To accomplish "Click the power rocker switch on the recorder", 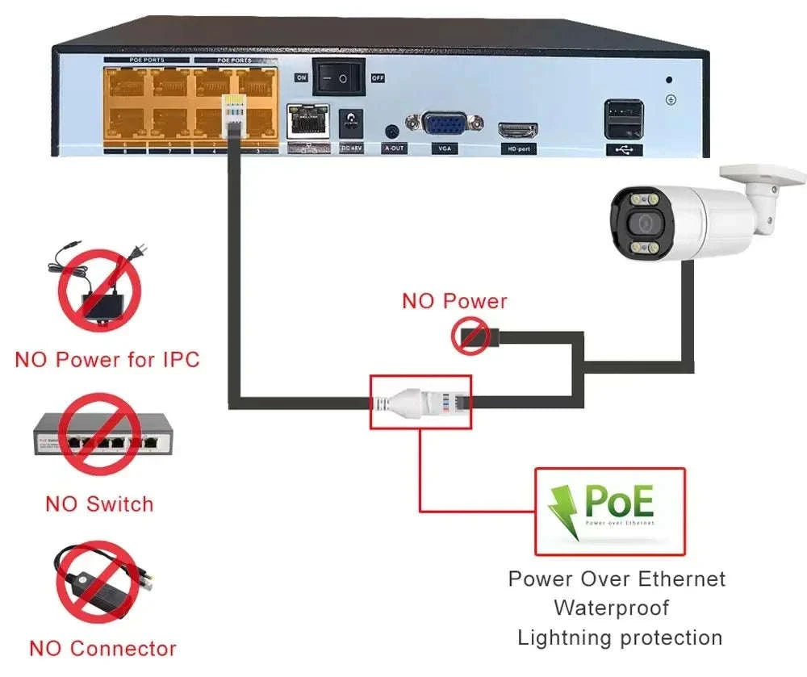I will click(x=339, y=77).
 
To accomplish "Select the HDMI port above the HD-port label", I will click(x=518, y=131).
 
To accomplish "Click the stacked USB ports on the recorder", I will click(x=624, y=119).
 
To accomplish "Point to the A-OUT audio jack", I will click(x=393, y=131).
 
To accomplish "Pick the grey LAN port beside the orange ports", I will click(x=306, y=121).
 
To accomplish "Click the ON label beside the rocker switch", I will click(x=301, y=77).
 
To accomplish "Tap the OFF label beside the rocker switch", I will click(x=377, y=77).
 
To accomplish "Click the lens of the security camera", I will click(x=643, y=224).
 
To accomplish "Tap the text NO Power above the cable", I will click(x=454, y=302).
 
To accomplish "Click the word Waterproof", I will click(x=611, y=608).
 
